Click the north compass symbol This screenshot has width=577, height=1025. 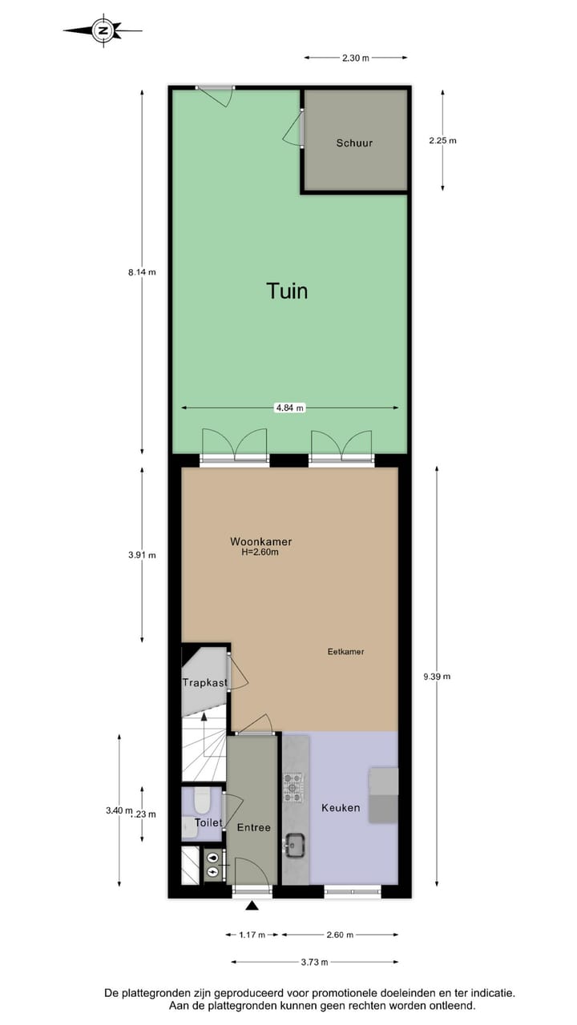coord(103,31)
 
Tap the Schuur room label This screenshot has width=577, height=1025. coord(354,143)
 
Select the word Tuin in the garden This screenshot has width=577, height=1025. coord(287,291)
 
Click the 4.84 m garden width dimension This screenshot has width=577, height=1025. coord(289,408)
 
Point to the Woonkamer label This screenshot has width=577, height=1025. coord(261,542)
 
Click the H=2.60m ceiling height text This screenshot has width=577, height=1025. coord(261,553)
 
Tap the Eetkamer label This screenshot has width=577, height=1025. coord(346,652)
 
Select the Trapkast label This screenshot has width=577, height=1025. coord(205,683)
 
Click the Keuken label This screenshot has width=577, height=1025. coord(341,808)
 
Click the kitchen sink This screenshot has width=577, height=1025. coord(294,843)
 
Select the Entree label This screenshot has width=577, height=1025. coord(253,827)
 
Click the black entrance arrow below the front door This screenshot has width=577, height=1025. coord(252,906)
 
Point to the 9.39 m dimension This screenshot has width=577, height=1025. coord(437,677)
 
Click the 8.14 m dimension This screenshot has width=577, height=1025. coord(142,271)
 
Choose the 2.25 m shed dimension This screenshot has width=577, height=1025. coord(442,140)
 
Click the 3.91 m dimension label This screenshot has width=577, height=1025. coord(142,555)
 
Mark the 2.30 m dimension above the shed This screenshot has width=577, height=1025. coord(355,58)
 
